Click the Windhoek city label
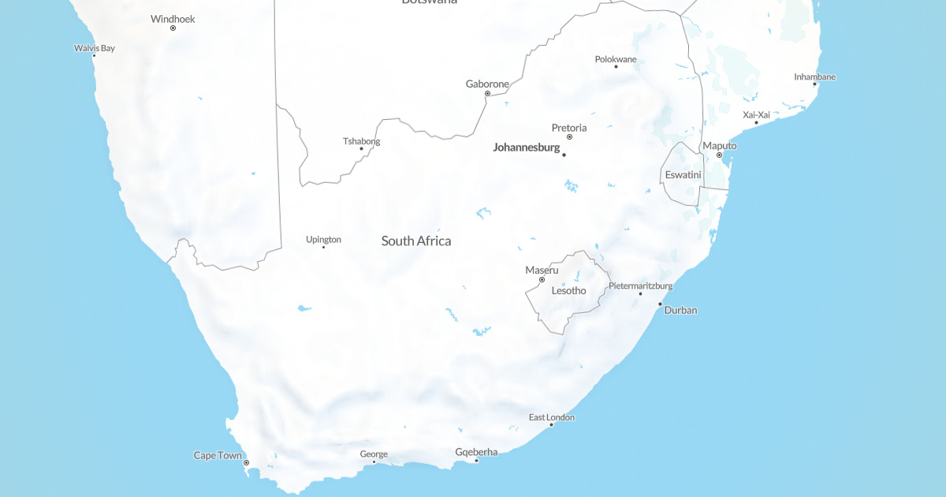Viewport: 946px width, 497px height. click(173, 19)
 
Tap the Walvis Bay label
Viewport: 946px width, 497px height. click(95, 48)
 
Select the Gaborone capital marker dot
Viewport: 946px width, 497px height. click(487, 94)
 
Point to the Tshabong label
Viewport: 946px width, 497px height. click(361, 141)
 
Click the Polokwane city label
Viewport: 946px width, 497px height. click(616, 59)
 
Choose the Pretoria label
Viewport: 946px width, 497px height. click(569, 128)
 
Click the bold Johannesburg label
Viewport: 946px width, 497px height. click(526, 148)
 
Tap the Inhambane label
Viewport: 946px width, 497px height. click(814, 77)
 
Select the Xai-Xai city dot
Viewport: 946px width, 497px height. click(756, 122)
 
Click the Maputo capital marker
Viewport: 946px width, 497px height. click(719, 155)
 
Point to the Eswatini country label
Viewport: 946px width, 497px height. click(683, 174)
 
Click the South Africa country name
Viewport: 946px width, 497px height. click(416, 241)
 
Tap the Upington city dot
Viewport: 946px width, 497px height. click(323, 247)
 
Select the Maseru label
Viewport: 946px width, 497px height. click(542, 271)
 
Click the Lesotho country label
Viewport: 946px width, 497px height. click(568, 290)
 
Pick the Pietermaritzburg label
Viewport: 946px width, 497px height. click(640, 286)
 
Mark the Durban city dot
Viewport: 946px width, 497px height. click(660, 304)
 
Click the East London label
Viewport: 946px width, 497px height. click(552, 417)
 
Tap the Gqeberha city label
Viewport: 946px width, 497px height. click(476, 452)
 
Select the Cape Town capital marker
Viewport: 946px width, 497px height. click(246, 463)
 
